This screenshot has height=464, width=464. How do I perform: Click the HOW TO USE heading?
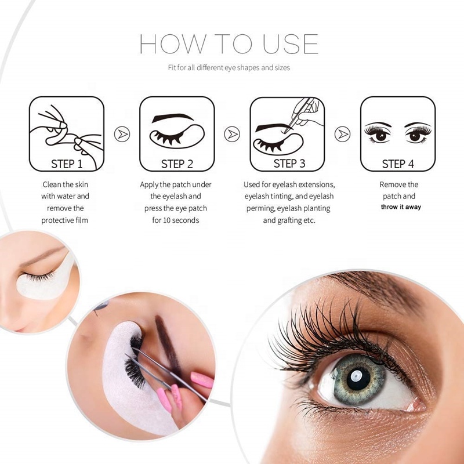tap(229, 45)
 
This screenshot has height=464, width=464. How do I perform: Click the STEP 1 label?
tap(67, 164)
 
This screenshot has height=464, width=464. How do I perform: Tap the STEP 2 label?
tap(177, 164)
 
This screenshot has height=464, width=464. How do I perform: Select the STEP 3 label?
tap(289, 164)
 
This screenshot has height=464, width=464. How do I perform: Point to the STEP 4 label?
tap(398, 164)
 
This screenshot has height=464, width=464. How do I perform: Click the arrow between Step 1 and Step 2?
tap(122, 134)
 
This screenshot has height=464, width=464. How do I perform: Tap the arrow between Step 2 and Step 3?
tap(233, 134)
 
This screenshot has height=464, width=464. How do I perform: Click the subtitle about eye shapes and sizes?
tap(229, 68)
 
